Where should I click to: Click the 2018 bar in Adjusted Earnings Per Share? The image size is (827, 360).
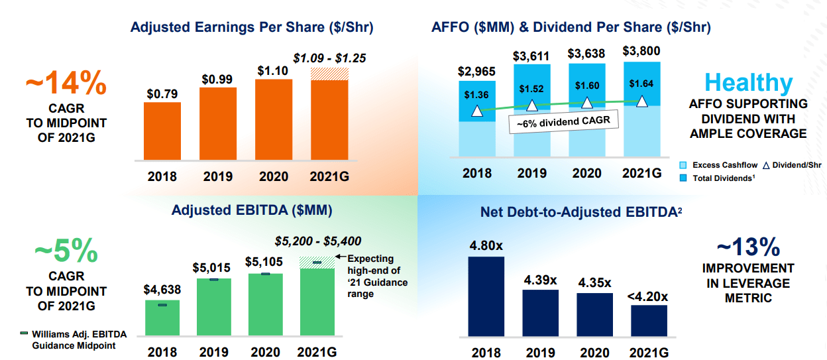point(162,131)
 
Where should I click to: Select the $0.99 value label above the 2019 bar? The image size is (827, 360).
point(217,79)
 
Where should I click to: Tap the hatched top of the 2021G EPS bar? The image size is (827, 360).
point(329,74)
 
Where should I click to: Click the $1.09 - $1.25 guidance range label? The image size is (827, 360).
point(329,57)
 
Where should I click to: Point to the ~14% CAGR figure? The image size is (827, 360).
point(66,84)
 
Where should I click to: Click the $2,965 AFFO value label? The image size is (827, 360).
point(476,72)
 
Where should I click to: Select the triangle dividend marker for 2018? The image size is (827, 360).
point(476,111)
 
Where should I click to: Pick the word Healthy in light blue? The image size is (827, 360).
point(748,83)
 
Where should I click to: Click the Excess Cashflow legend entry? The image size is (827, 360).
point(718,165)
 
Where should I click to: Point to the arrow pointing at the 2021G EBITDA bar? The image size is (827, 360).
point(339,258)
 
